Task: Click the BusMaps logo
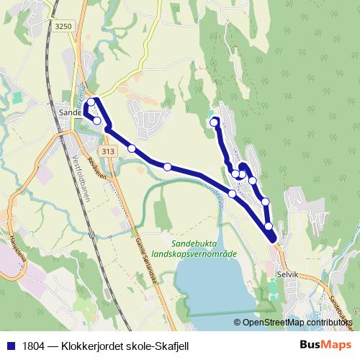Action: (x=324, y=346)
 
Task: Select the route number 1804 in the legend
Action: (x=31, y=346)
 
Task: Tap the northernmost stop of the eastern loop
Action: (x=214, y=123)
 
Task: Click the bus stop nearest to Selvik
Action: (x=269, y=227)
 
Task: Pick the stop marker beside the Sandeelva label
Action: (x=232, y=194)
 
